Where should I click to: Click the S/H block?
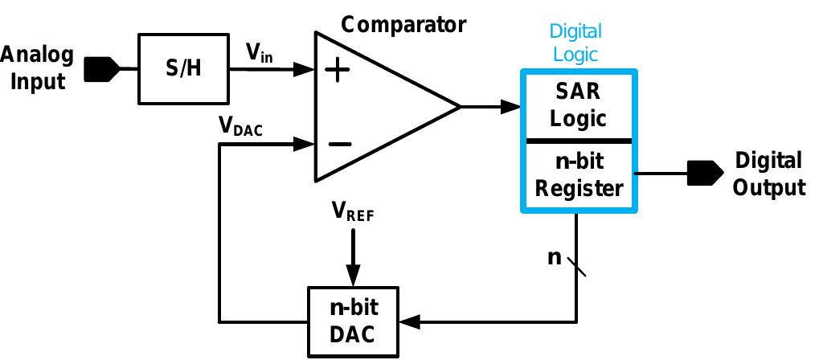tap(183, 69)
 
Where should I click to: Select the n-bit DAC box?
tap(354, 321)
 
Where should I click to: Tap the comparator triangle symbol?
tap(378, 106)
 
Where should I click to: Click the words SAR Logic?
tap(578, 105)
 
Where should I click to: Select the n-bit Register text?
tap(579, 175)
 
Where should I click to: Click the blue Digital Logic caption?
tap(575, 43)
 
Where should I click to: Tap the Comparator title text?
tap(403, 24)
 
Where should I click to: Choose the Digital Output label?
tap(770, 174)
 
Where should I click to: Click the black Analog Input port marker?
tap(100, 69)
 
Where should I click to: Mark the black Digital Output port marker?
tap(704, 172)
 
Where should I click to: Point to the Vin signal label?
tap(260, 54)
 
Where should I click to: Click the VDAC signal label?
tap(240, 128)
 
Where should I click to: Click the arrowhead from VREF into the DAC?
tap(353, 275)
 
